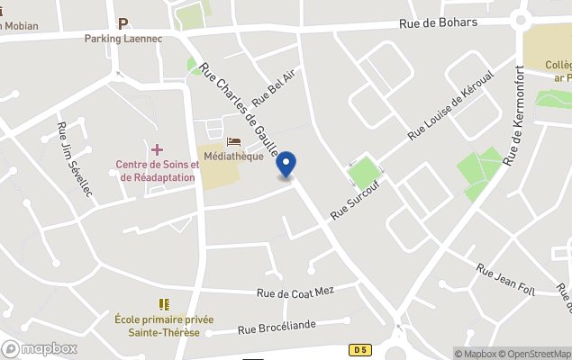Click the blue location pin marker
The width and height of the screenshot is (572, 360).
click(x=286, y=165)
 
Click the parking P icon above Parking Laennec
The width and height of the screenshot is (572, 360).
click(x=123, y=23)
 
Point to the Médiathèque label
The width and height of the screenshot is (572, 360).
click(x=233, y=156)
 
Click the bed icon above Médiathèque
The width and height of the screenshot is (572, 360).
click(x=233, y=142)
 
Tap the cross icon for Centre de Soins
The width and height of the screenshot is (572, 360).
click(x=158, y=148)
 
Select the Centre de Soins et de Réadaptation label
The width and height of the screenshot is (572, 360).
click(x=158, y=170)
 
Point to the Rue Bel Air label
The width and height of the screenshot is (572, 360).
click(x=274, y=85)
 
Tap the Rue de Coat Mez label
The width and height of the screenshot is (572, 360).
click(x=295, y=292)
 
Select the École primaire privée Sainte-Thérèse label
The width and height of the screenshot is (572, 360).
click(x=164, y=325)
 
